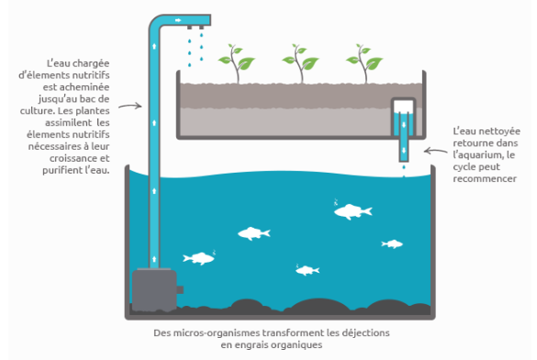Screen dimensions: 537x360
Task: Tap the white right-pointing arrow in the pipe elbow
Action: click(178, 20)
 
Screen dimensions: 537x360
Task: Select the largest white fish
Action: click(352, 211)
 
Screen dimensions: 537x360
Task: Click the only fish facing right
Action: click(198, 258)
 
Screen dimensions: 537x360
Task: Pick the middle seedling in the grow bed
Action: click(300, 63)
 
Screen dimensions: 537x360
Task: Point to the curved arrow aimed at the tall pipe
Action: click(130, 107)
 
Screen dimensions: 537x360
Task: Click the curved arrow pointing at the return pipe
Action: click(435, 151)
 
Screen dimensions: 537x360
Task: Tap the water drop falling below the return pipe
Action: click(404, 167)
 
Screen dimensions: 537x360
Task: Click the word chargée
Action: click(91, 63)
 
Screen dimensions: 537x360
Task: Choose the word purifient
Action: click(62, 170)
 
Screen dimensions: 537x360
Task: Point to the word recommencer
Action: click(485, 179)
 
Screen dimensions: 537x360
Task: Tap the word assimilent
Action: click(69, 123)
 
